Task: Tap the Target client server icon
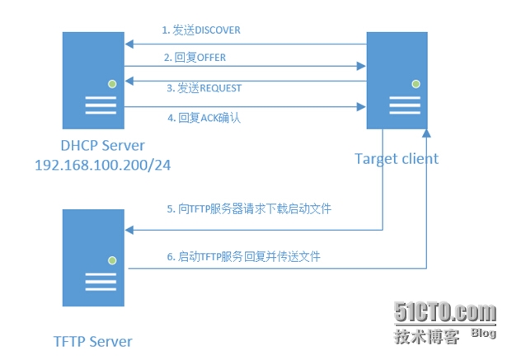coord(397,80)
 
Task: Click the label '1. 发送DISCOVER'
coord(201,30)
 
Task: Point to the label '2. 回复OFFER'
coord(195,58)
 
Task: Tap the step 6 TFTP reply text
coord(243,256)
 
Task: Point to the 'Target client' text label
coord(396,158)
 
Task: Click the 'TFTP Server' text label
coord(93,340)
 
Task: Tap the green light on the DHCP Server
coord(111,82)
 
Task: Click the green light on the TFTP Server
coord(111,260)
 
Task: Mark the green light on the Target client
coord(416,83)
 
